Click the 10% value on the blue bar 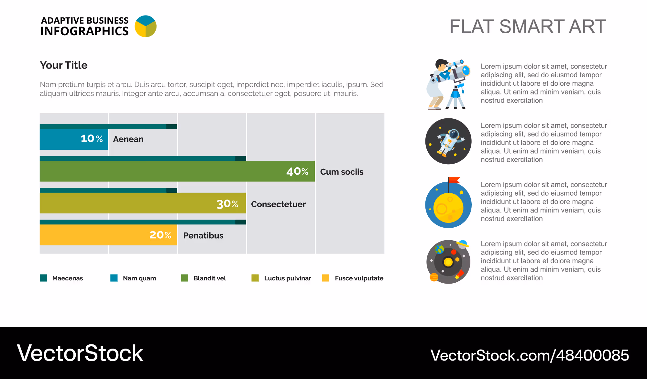coord(92,139)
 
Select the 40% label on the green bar coord(298,171)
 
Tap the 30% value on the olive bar coord(227,204)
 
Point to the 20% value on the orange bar coord(160,235)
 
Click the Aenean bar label coord(128,139)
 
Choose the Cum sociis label coord(342,172)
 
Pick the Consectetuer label coord(278,204)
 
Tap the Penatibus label coord(203,235)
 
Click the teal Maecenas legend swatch coord(43,278)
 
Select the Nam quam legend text coord(139,278)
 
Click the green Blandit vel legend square coord(184,278)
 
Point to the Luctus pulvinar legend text coord(288,278)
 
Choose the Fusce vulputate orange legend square coord(326,278)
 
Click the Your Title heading coord(64,65)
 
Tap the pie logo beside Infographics coord(146,26)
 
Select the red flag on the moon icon coord(454,180)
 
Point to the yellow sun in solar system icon coord(448,262)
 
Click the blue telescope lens coord(466,70)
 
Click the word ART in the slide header coord(587,27)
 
